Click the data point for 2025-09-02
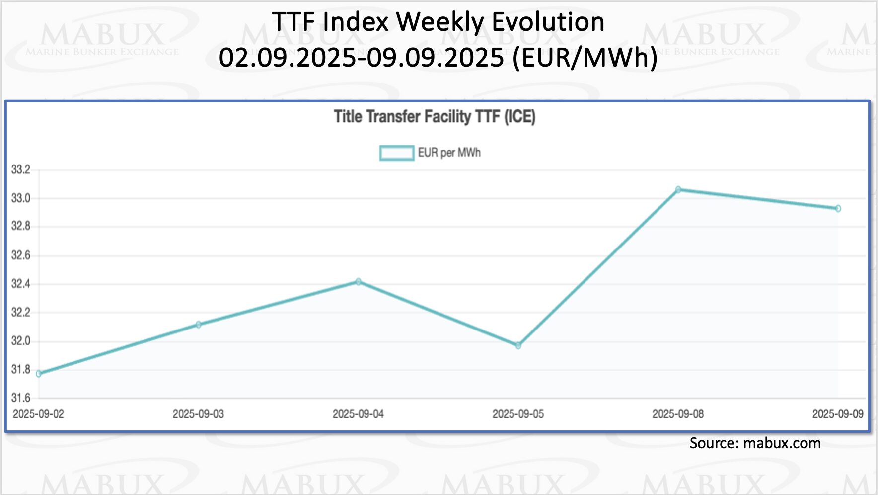point(39,374)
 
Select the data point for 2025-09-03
point(199,325)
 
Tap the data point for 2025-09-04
point(359,282)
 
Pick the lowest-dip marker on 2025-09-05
point(518,345)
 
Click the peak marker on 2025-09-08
point(678,189)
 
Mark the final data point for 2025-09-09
point(838,209)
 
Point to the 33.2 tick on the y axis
point(21,170)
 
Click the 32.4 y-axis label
point(21,284)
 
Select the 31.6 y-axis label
point(21,398)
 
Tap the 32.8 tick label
point(21,227)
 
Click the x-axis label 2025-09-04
point(358,414)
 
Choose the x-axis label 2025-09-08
point(678,414)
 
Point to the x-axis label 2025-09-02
point(39,414)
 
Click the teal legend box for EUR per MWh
point(397,153)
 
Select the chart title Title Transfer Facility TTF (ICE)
point(435,117)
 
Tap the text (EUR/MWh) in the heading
point(585,57)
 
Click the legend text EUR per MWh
point(449,153)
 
